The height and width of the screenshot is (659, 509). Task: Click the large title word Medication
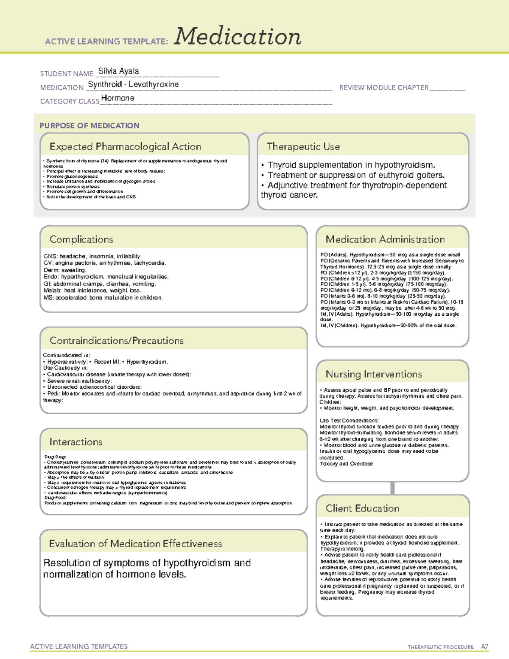pos(238,36)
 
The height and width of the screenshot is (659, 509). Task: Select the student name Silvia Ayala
pos(118,71)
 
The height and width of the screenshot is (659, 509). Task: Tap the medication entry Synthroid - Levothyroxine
pos(133,84)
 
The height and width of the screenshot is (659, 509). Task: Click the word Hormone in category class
pos(117,98)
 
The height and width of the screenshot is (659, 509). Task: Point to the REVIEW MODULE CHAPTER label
pos(384,87)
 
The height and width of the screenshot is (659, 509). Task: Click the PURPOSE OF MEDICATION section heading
pos(89,126)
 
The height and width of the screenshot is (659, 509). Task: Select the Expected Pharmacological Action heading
pos(125,147)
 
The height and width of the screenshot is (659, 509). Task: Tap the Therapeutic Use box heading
pos(303,147)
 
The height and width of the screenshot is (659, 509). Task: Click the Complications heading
pos(81,239)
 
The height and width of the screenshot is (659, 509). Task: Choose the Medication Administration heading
pos(385,239)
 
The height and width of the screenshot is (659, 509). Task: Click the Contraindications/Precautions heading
pos(116,341)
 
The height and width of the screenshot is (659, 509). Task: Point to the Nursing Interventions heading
pos(373,374)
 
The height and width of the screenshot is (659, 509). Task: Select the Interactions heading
pos(76,442)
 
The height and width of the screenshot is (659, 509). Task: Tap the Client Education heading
pos(362,508)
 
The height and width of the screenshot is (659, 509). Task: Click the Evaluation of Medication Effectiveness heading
pos(135,544)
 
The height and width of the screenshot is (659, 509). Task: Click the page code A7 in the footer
pos(484,647)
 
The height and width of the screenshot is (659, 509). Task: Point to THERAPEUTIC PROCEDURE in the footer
pos(440,647)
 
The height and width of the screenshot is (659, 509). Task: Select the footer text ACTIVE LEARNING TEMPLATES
pos(78,646)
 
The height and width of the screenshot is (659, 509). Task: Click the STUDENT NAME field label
pos(66,74)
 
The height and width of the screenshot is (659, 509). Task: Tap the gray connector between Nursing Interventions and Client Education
pos(392,488)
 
